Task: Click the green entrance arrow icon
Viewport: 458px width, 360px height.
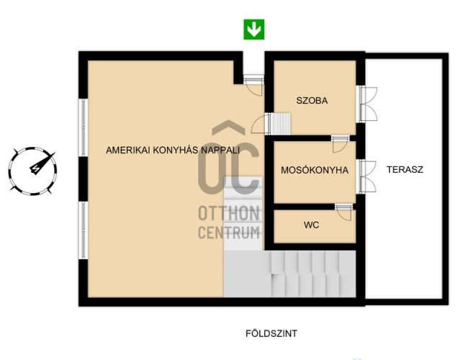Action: click(x=254, y=30)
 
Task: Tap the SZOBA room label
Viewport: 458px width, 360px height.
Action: click(x=312, y=100)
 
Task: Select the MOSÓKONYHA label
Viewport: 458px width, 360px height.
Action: click(x=315, y=170)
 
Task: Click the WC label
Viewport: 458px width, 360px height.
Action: click(x=311, y=225)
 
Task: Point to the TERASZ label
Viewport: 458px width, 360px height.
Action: click(x=405, y=170)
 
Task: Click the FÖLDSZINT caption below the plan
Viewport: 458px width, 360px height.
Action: click(x=271, y=333)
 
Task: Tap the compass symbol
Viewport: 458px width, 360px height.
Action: click(x=32, y=171)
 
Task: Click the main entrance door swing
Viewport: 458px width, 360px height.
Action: click(x=253, y=85)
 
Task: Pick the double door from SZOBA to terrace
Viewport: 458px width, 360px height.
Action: click(x=367, y=104)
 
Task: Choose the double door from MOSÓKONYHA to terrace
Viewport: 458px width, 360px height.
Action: click(x=367, y=176)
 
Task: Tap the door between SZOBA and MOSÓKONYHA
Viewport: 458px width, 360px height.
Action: click(x=341, y=144)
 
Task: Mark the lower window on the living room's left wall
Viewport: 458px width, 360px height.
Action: click(x=84, y=230)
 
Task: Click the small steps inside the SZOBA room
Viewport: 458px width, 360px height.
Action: click(x=281, y=124)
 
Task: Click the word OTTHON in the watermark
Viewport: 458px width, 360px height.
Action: click(x=229, y=213)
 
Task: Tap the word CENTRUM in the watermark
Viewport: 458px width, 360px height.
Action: click(x=229, y=233)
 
